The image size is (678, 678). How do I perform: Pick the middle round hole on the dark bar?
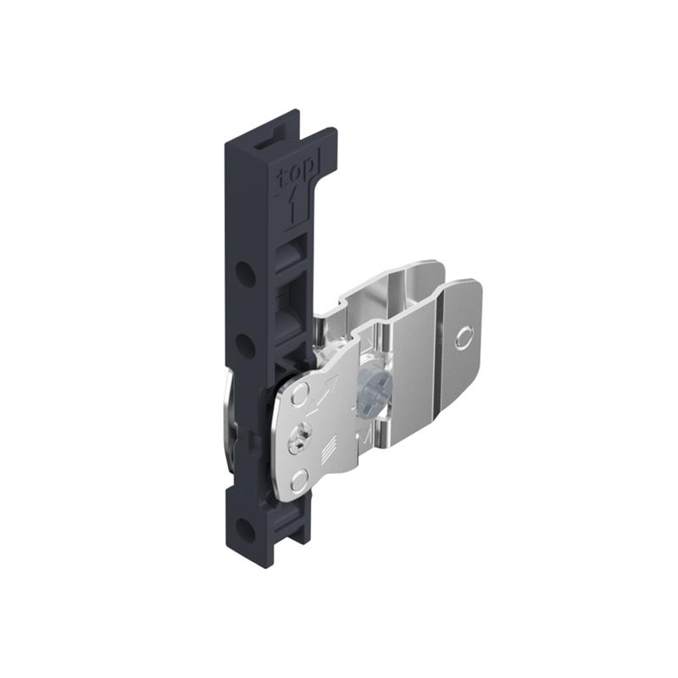click(x=244, y=346)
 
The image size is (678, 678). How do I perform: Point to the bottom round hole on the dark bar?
click(x=244, y=531)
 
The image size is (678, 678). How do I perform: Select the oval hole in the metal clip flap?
click(x=462, y=338)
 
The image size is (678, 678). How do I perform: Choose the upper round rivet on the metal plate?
click(x=300, y=395)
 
